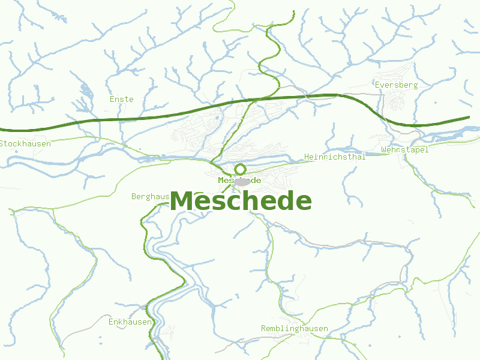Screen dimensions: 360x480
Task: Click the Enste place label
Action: pos(122,99)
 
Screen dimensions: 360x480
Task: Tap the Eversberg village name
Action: pos(396,85)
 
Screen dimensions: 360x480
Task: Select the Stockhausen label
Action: pos(25,144)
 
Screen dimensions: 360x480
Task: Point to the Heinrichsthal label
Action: pos(335,157)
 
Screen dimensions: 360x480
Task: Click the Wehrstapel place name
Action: pos(405,149)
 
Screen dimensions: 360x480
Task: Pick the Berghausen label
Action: pos(151,196)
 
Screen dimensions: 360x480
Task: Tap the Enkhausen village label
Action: pos(130,322)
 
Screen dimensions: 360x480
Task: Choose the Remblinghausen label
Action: pos(295,329)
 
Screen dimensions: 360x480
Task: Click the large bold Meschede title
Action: pos(241,201)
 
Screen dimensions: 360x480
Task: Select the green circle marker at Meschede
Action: pos(240,169)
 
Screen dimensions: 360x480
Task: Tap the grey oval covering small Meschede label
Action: pos(242,181)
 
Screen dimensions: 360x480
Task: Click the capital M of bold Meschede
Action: pos(182,202)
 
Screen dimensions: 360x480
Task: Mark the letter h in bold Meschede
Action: pos(247,200)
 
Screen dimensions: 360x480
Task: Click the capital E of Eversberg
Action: pos(377,85)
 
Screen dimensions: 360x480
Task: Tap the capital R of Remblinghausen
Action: pos(264,329)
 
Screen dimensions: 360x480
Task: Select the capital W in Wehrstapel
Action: pos(384,149)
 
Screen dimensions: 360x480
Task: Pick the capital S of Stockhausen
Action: pos(2,144)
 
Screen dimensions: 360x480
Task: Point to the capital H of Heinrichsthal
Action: pos(307,157)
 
